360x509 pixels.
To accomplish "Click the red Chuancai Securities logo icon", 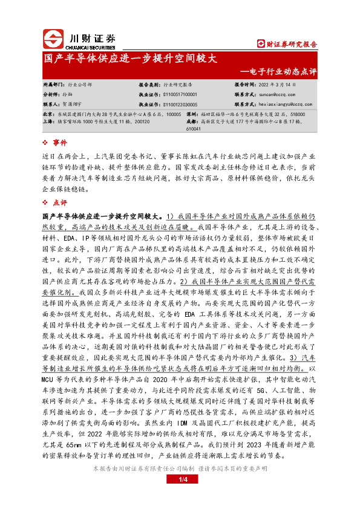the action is [x=53, y=41].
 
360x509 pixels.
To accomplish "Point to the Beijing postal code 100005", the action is [x=173, y=114].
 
